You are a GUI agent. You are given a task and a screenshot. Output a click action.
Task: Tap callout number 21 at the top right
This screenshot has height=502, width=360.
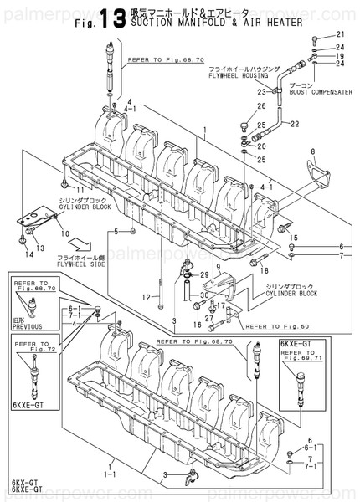pos(341,34)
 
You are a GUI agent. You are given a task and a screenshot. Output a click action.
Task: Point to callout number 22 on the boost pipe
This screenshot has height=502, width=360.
pos(294,124)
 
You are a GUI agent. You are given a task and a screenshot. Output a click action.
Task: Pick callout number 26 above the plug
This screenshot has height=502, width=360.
pos(261,105)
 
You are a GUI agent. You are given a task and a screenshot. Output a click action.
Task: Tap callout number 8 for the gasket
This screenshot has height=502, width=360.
pos(313,152)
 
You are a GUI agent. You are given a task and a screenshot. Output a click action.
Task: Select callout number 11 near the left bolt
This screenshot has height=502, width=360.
pos(64,181)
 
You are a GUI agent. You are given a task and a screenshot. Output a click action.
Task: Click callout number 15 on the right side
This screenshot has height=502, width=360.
pos(293,238)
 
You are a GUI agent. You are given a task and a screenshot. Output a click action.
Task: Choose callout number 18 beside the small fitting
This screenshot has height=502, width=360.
pos(264,271)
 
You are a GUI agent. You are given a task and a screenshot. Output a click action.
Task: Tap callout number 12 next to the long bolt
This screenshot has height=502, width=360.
pos(147,296)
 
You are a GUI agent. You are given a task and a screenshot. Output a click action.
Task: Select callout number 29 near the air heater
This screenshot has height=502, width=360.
pos(205,275)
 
